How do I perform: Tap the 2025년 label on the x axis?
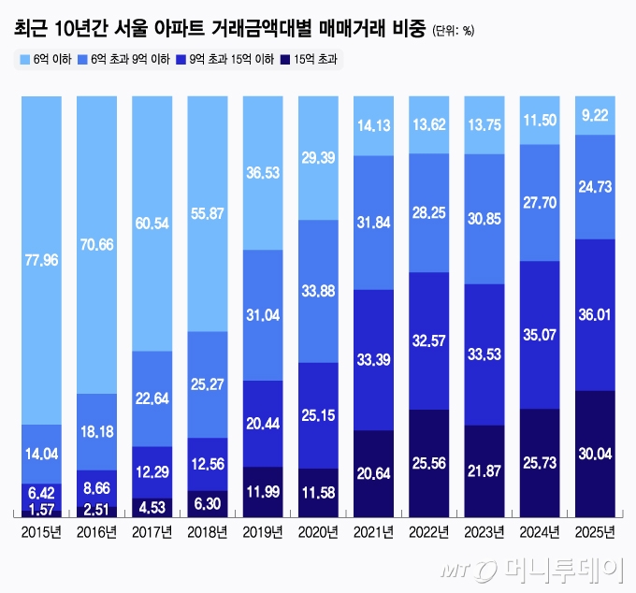pyautogui.click(x=594, y=532)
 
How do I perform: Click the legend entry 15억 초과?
pyautogui.click(x=311, y=59)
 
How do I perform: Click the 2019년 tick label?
pyautogui.click(x=262, y=532)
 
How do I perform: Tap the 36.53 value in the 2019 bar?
pyautogui.click(x=262, y=174)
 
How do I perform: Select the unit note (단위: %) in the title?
pyautogui.click(x=454, y=30)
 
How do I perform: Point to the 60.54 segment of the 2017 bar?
pyautogui.click(x=152, y=222)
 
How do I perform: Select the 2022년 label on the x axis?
pyautogui.click(x=428, y=532)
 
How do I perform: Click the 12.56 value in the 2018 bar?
pyautogui.click(x=207, y=463)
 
